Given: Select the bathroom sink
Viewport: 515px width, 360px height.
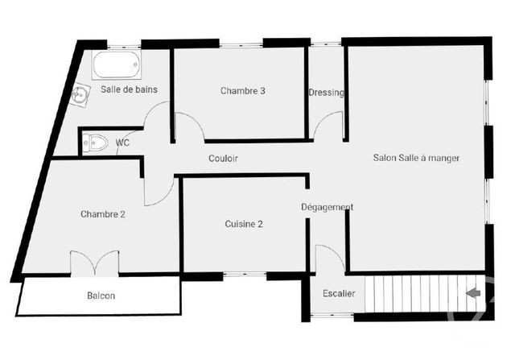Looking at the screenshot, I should pos(80,96).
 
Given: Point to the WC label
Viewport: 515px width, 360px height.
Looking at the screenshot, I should pos(123,143).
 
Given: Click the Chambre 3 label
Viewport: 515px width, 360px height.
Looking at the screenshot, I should pos(243,91).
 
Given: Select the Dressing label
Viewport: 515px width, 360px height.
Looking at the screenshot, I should pos(326,93).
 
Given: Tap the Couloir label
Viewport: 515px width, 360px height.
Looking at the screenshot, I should pos(223,159).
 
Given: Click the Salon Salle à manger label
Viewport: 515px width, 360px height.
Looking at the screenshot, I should pos(416,158).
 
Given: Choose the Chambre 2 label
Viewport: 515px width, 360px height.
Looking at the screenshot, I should pos(103,214).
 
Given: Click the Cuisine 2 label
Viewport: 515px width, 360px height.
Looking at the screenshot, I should pos(244,224).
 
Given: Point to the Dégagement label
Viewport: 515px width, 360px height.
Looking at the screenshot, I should pos(328,207).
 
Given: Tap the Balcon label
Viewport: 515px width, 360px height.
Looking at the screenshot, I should pos(101,296).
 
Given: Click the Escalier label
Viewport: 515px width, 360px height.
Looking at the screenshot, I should pos(339,293).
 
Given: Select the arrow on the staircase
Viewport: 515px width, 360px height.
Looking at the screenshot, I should pos(473,293).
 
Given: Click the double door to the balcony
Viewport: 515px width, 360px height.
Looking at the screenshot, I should pos(95,263).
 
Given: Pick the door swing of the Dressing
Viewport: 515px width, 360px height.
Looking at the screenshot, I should pos(328,127).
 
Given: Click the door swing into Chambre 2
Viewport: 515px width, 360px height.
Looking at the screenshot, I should pos(159,190).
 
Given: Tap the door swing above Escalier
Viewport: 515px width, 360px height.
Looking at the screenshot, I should pos(330,258).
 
